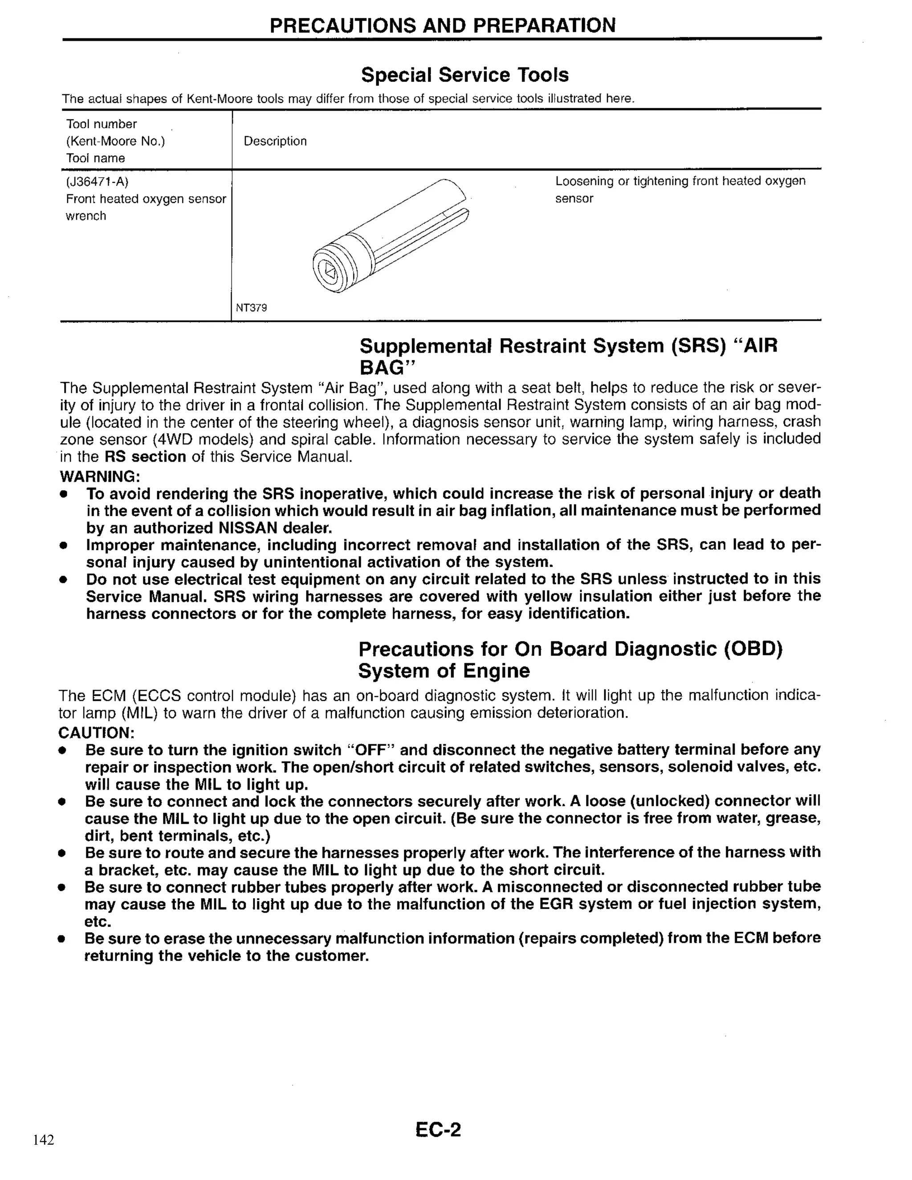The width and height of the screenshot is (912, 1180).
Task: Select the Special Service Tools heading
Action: click(464, 74)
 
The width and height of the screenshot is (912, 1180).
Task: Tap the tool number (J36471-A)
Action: click(97, 182)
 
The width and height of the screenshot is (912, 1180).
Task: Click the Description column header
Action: click(275, 142)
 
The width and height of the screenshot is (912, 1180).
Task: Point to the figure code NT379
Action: click(251, 308)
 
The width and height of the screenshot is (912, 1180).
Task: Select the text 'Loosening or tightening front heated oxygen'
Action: click(680, 182)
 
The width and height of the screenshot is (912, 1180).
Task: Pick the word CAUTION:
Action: click(96, 733)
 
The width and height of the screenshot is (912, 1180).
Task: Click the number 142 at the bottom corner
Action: click(44, 1140)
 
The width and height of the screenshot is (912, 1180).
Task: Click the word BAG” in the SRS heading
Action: click(388, 368)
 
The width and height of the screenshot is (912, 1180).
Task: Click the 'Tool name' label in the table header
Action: click(95, 159)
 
